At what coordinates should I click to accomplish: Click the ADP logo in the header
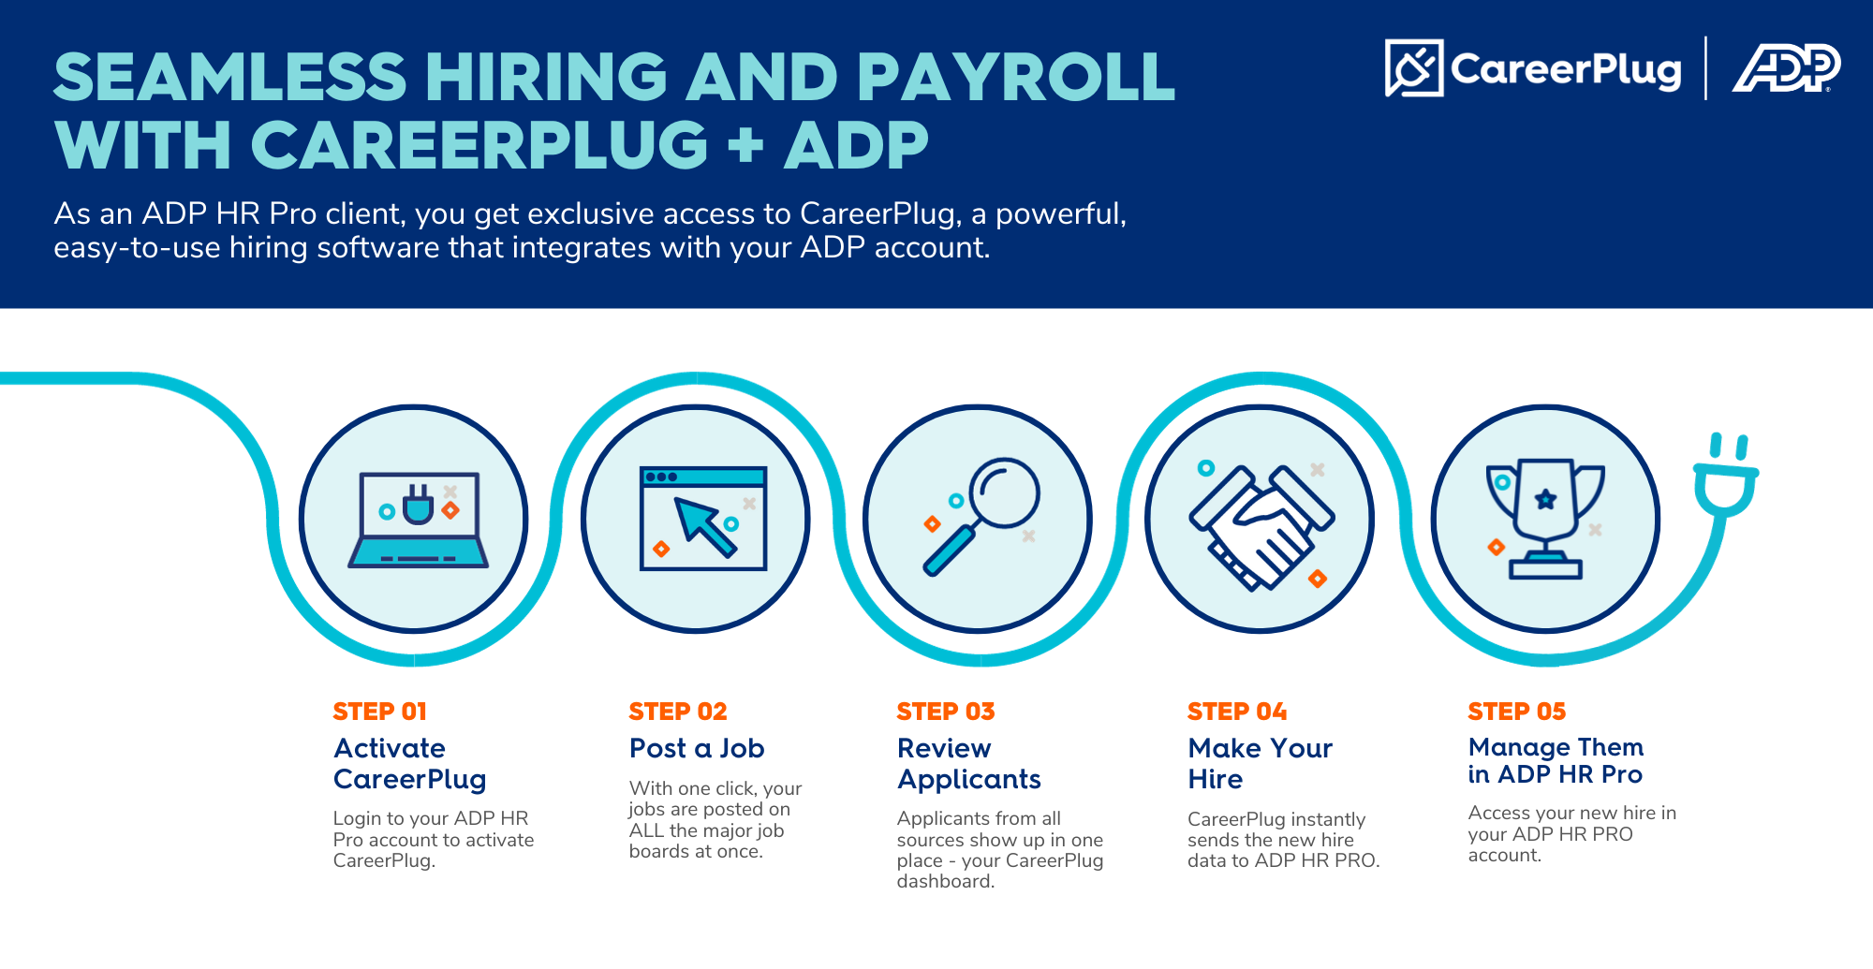(1787, 67)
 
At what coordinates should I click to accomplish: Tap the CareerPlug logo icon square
(1414, 67)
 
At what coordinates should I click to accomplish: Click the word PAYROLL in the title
(1015, 76)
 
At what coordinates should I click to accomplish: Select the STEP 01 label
(380, 712)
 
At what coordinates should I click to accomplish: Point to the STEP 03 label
(946, 712)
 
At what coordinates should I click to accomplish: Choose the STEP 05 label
(1517, 712)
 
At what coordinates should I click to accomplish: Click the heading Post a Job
(697, 748)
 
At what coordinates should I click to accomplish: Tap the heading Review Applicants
(969, 763)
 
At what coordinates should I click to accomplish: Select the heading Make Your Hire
(1261, 763)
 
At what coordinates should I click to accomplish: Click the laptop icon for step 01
(418, 520)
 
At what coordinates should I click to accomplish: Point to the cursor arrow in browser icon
(705, 527)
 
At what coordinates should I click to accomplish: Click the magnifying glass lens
(1005, 492)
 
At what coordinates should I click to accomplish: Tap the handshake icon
(1261, 527)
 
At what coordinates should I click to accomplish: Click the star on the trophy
(1545, 499)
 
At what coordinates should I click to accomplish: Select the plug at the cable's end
(1726, 475)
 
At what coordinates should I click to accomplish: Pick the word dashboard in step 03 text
(945, 881)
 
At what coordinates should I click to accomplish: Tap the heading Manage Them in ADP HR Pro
(1556, 760)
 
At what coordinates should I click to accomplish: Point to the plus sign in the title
(745, 147)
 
